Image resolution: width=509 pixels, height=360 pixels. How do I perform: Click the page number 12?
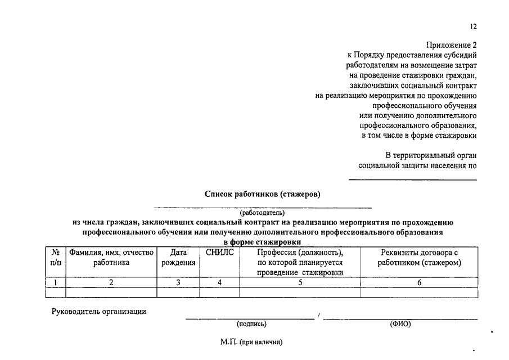pos(473,26)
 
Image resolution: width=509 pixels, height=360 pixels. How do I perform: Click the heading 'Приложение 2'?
pos(451,45)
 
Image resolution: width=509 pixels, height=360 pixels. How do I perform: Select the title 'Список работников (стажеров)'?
pos(263,195)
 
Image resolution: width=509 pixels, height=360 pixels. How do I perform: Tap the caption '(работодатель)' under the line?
pos(263,213)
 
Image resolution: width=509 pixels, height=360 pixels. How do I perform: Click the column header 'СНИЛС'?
pos(220,253)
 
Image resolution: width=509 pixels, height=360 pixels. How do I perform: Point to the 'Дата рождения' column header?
pos(178,258)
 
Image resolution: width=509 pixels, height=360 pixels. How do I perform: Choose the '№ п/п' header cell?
pos(56,258)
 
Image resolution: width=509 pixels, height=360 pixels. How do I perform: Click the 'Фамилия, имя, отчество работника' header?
pos(111,258)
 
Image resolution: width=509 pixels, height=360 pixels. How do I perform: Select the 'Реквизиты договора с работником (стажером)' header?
pos(420,258)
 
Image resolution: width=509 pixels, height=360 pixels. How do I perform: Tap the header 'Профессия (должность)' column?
pos(300,262)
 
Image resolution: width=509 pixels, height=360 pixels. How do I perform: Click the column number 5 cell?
pos(300,283)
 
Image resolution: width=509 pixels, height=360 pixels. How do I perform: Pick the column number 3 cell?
pos(178,283)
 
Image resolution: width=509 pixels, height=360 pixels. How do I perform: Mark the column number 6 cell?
pos(420,283)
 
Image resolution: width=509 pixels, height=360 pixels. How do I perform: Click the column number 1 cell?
pos(56,283)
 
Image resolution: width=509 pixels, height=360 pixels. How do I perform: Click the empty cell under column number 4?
pos(220,292)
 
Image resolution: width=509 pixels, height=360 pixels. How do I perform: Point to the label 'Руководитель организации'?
pos(99,311)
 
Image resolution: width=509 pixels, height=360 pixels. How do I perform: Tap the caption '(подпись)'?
pos(251,324)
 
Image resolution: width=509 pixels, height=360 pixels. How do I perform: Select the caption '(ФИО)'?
pos(400,324)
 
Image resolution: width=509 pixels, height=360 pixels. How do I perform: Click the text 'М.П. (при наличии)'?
pos(251,342)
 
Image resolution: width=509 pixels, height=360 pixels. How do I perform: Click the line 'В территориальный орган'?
pos(431,155)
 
